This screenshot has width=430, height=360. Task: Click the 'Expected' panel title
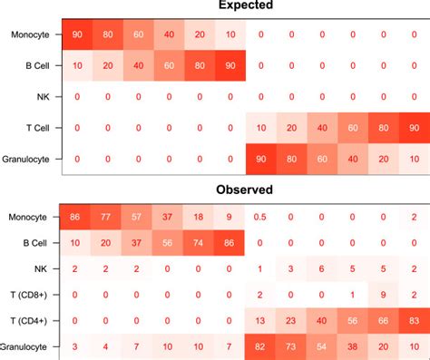click(x=246, y=6)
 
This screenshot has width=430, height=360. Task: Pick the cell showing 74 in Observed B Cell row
click(x=199, y=242)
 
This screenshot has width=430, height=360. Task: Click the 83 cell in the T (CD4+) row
click(x=414, y=321)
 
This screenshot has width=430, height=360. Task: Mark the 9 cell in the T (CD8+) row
click(x=383, y=295)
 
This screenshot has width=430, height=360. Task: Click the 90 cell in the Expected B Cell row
click(x=230, y=65)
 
